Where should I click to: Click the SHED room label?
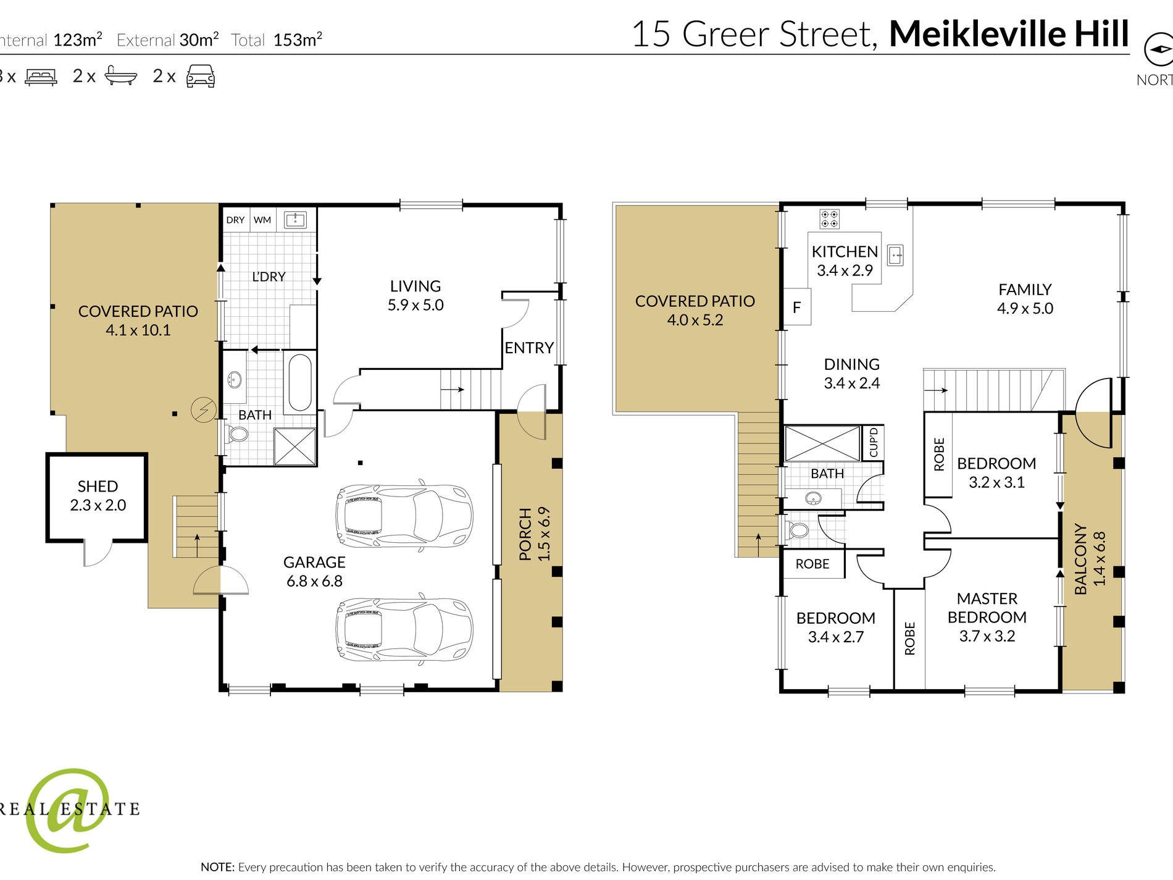point(98,487)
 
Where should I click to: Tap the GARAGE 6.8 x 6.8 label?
point(314,571)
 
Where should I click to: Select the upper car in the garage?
point(404,513)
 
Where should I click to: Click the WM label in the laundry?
point(262,220)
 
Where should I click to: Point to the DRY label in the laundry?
point(235,220)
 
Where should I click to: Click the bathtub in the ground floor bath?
point(300,382)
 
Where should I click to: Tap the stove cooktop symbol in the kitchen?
point(829,219)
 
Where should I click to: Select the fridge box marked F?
point(797,307)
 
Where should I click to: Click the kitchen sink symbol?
point(895,254)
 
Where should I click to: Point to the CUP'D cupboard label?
point(873,442)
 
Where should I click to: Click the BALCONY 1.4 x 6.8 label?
point(1090,559)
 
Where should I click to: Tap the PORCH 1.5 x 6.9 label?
point(535,534)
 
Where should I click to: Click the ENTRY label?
point(529,348)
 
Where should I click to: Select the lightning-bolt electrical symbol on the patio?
point(203,409)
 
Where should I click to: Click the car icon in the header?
point(201,76)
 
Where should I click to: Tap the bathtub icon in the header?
point(120,75)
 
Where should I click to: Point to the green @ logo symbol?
point(68,810)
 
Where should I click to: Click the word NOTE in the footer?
point(217,867)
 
